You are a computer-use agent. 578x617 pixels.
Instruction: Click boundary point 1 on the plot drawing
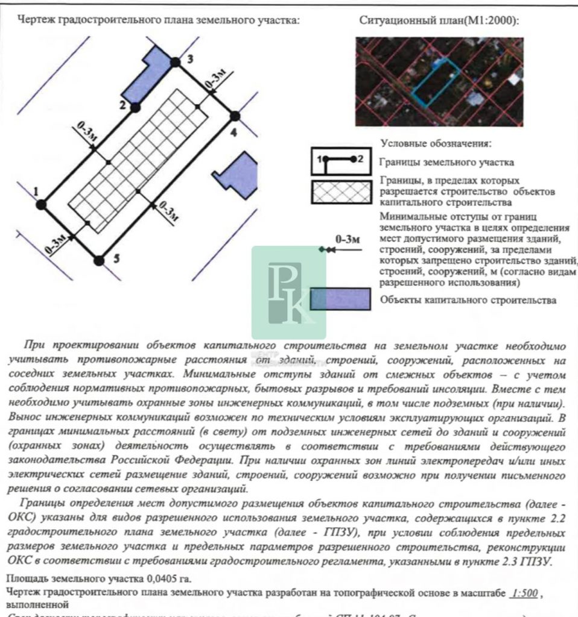(41, 204)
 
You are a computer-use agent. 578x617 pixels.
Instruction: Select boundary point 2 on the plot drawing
(136, 107)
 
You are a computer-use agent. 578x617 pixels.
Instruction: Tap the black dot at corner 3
(175, 61)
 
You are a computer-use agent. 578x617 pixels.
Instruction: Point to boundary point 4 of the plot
(235, 116)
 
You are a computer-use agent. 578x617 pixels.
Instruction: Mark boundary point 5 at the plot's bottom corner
(100, 260)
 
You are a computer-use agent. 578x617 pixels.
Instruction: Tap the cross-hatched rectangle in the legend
(341, 193)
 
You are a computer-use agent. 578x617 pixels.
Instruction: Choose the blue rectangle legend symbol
(340, 299)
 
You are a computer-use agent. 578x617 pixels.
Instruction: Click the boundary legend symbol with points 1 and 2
(341, 161)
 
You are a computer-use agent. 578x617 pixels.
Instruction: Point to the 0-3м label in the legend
(348, 239)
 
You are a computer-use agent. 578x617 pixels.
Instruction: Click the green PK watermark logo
(289, 292)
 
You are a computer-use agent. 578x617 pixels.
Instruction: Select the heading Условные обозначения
(436, 144)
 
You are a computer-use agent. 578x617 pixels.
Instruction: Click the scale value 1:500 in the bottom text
(524, 593)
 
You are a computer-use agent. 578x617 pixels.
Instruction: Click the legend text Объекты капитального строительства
(468, 299)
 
